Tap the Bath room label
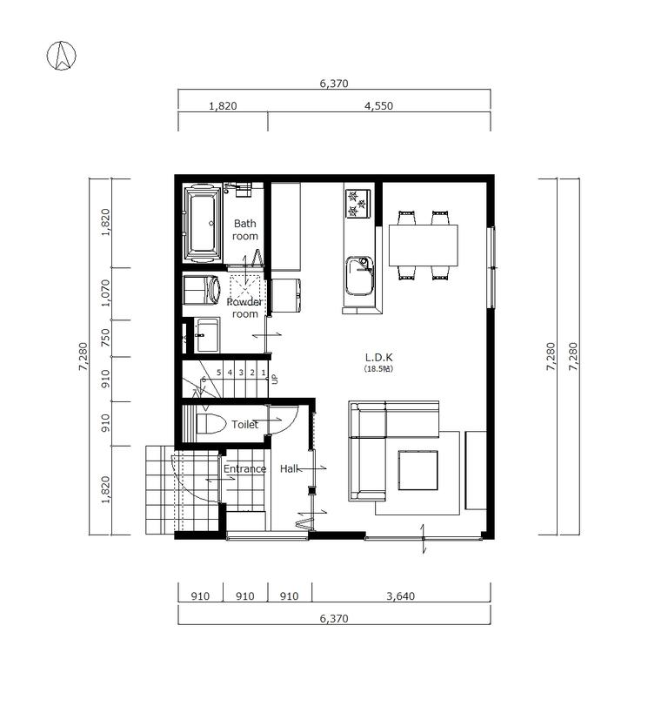[245, 230]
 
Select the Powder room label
[244, 307]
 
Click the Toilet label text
[245, 425]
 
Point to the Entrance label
[244, 469]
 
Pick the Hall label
[290, 469]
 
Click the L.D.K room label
[378, 358]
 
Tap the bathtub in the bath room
[204, 222]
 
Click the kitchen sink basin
[358, 276]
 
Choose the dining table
[423, 245]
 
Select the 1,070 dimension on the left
[105, 293]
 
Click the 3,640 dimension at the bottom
[401, 596]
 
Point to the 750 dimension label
[105, 338]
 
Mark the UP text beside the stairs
[274, 379]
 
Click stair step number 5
[218, 373]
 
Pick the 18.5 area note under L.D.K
[378, 369]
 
